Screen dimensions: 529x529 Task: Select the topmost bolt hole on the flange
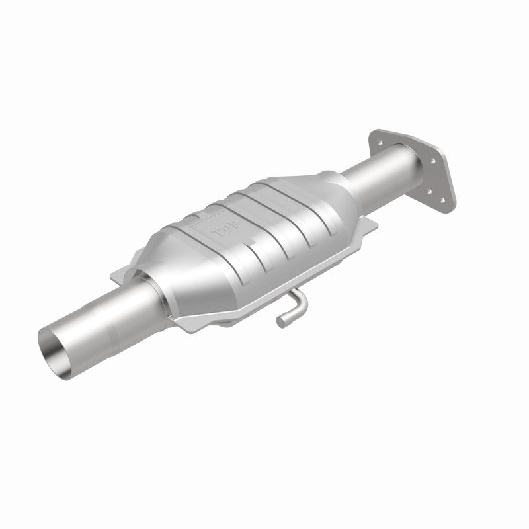point(382,139)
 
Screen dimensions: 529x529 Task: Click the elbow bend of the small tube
point(301,303)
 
